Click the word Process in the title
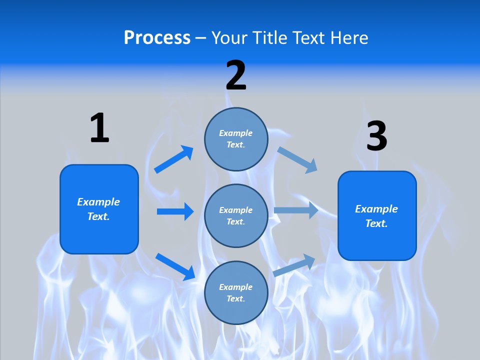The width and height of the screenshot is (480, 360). pyautogui.click(x=157, y=37)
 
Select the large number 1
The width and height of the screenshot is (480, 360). pyautogui.click(x=99, y=128)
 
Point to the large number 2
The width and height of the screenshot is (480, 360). pyautogui.click(x=236, y=75)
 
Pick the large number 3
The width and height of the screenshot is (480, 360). pyautogui.click(x=376, y=136)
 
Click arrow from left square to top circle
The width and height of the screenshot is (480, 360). pyautogui.click(x=174, y=159)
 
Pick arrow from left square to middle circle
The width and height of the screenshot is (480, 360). pyautogui.click(x=175, y=211)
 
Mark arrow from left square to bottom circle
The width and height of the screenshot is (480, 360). pyautogui.click(x=175, y=266)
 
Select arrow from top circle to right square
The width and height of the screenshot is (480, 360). pyautogui.click(x=297, y=159)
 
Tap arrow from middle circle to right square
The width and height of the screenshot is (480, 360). pyautogui.click(x=296, y=210)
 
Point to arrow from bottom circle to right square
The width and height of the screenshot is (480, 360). pyautogui.click(x=294, y=265)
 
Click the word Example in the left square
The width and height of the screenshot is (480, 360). pyautogui.click(x=98, y=202)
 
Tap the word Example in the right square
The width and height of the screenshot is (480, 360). pyautogui.click(x=376, y=209)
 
